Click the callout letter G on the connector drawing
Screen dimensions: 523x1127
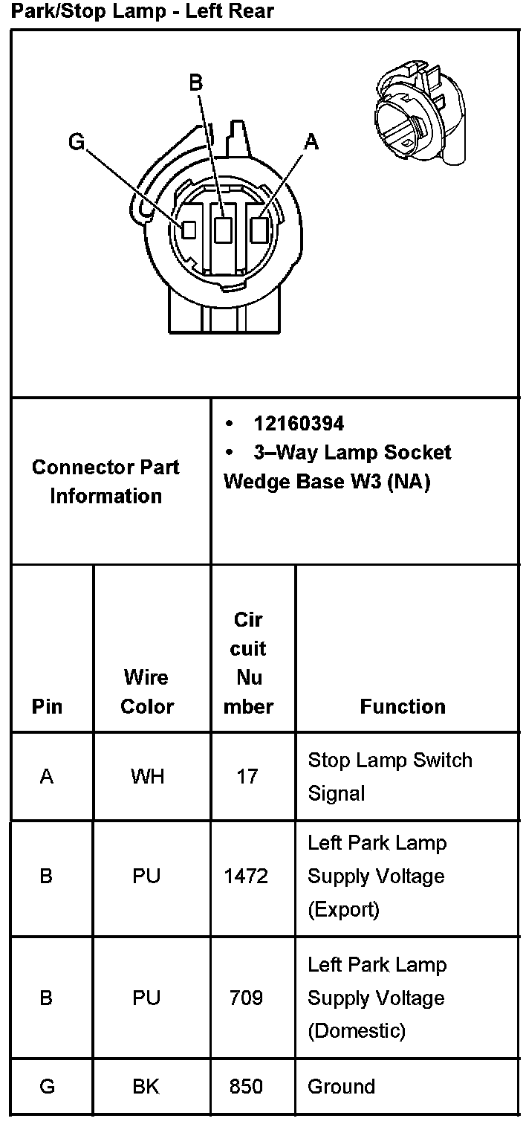click(x=77, y=141)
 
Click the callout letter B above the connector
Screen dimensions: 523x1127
click(x=196, y=83)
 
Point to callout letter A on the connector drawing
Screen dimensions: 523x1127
click(x=312, y=141)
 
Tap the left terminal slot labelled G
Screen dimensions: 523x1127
click(x=189, y=230)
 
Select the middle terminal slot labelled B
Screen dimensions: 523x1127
click(x=222, y=230)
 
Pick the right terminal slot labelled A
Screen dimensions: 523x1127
click(x=259, y=229)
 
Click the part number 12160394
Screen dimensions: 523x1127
click(x=299, y=424)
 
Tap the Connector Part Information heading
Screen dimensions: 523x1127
click(x=105, y=482)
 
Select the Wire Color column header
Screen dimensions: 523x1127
click(x=146, y=691)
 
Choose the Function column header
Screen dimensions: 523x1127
click(x=403, y=706)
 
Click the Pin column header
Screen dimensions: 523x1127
click(x=48, y=706)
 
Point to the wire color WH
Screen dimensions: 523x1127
click(x=147, y=777)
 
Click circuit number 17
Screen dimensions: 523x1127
click(x=247, y=777)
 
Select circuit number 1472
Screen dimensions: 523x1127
click(x=246, y=876)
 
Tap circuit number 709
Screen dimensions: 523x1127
click(x=246, y=998)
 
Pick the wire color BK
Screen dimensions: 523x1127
click(x=146, y=1087)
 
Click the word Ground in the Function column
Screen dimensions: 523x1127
click(x=341, y=1087)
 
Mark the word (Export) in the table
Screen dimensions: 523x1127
click(x=343, y=909)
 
